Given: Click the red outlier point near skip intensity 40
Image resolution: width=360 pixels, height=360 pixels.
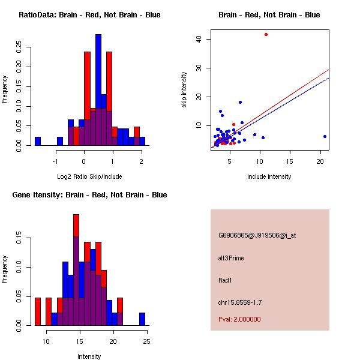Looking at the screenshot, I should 266,34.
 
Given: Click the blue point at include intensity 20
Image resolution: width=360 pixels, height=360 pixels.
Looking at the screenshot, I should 325,136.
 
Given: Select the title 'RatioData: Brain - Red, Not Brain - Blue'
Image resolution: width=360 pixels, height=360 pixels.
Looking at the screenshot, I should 89,15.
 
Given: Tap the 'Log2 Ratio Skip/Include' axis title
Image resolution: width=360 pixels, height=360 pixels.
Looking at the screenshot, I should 89,176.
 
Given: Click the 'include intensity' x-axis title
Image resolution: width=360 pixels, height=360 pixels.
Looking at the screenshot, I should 269,176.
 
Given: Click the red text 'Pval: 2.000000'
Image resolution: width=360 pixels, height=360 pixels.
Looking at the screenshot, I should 239,319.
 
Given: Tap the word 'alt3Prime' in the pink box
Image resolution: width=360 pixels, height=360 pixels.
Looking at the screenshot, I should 231,258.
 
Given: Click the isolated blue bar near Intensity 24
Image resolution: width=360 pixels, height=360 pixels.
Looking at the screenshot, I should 142,319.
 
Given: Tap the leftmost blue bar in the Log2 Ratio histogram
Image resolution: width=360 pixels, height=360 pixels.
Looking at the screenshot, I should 38,141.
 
